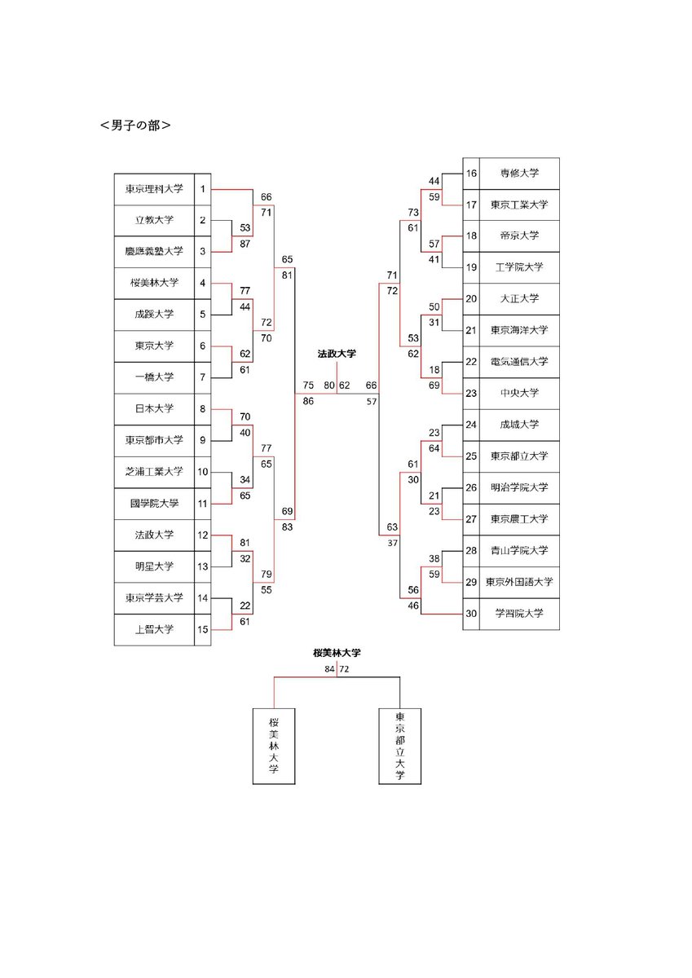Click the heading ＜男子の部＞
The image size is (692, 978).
point(134,126)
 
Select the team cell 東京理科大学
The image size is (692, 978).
point(154,189)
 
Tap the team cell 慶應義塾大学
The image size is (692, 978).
point(154,252)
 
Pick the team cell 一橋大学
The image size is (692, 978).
point(154,377)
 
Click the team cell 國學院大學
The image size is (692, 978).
point(154,504)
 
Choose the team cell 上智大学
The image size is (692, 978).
point(154,629)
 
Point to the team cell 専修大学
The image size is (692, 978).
point(519,174)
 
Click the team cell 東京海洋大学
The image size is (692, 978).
point(519,330)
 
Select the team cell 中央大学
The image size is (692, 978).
point(519,393)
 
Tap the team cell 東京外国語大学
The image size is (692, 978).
point(519,582)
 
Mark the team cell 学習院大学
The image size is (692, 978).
point(519,614)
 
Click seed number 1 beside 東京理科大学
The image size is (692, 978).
point(202,189)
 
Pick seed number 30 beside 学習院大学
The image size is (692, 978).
point(470,614)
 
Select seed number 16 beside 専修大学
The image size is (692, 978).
point(470,174)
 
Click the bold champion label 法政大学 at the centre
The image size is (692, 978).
point(337,354)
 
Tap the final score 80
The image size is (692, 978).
point(328,385)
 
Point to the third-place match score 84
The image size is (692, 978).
point(329,669)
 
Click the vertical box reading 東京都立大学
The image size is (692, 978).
point(399,747)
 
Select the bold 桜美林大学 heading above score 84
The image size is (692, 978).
point(337,653)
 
